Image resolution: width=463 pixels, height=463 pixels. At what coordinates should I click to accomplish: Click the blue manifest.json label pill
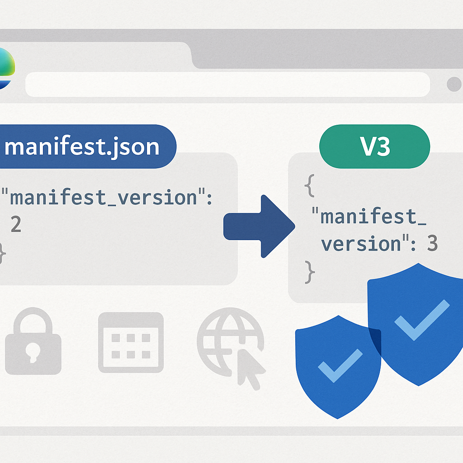tap(88, 146)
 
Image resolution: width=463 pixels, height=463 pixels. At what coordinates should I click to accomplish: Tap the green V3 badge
tap(374, 146)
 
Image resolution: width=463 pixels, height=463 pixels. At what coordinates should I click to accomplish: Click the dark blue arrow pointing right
tap(259, 226)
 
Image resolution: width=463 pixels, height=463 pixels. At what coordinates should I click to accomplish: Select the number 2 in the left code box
tap(16, 224)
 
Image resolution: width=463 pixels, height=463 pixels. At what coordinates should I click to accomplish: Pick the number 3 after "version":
tap(432, 243)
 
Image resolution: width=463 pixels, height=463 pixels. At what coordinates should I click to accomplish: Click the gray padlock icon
tap(33, 341)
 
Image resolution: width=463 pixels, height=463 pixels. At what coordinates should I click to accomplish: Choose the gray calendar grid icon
tap(131, 343)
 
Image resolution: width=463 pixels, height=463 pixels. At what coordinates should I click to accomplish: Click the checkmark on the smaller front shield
tap(340, 365)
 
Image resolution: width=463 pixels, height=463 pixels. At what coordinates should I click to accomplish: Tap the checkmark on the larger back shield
tap(422, 320)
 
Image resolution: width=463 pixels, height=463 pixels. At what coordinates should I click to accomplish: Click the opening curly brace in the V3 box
tap(310, 185)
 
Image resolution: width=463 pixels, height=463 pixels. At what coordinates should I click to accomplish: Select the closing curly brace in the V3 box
tap(310, 272)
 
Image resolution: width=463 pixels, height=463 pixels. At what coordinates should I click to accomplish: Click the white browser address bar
tap(227, 85)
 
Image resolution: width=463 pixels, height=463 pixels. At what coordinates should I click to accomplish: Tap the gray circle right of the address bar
tap(454, 85)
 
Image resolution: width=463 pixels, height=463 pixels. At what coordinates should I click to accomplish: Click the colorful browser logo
tap(6, 69)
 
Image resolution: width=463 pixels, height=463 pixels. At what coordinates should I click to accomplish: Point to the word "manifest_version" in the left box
tap(104, 198)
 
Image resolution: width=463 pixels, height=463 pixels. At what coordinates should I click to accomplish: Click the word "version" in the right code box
tap(361, 244)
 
